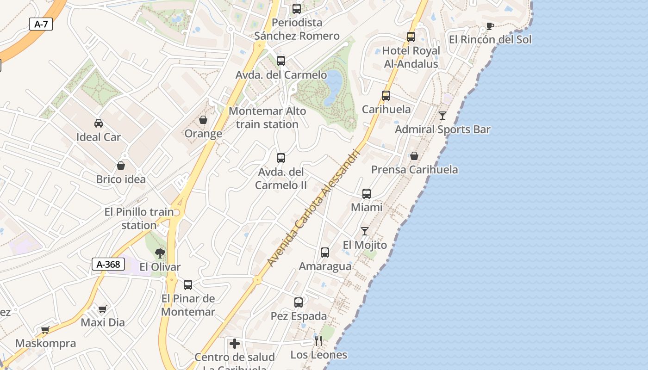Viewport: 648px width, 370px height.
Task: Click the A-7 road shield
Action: point(41,24)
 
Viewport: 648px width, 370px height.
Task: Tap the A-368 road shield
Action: point(108,264)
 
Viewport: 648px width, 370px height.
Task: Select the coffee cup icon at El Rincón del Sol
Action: point(490,26)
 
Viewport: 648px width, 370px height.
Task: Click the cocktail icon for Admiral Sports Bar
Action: point(442,115)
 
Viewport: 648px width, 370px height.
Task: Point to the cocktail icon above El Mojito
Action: point(365,231)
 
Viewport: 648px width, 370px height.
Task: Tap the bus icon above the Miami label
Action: point(367,193)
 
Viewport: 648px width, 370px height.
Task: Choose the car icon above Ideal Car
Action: point(99,123)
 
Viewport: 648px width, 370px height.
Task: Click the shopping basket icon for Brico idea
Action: point(121,165)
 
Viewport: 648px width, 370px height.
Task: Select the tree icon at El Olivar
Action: point(160,253)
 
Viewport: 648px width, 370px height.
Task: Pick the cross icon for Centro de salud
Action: point(235,343)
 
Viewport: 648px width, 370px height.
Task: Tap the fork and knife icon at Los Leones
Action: point(318,341)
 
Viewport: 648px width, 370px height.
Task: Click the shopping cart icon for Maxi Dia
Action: point(103,308)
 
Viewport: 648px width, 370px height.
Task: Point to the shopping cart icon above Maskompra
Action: point(45,330)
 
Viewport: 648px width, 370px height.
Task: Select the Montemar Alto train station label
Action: point(268,117)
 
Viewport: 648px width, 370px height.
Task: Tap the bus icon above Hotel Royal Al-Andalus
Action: point(411,37)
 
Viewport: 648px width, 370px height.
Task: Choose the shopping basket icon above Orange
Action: point(203,120)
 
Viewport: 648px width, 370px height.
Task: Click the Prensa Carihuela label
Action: point(414,170)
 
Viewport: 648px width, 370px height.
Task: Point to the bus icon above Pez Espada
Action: point(299,302)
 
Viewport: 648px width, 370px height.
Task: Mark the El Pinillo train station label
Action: point(139,218)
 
